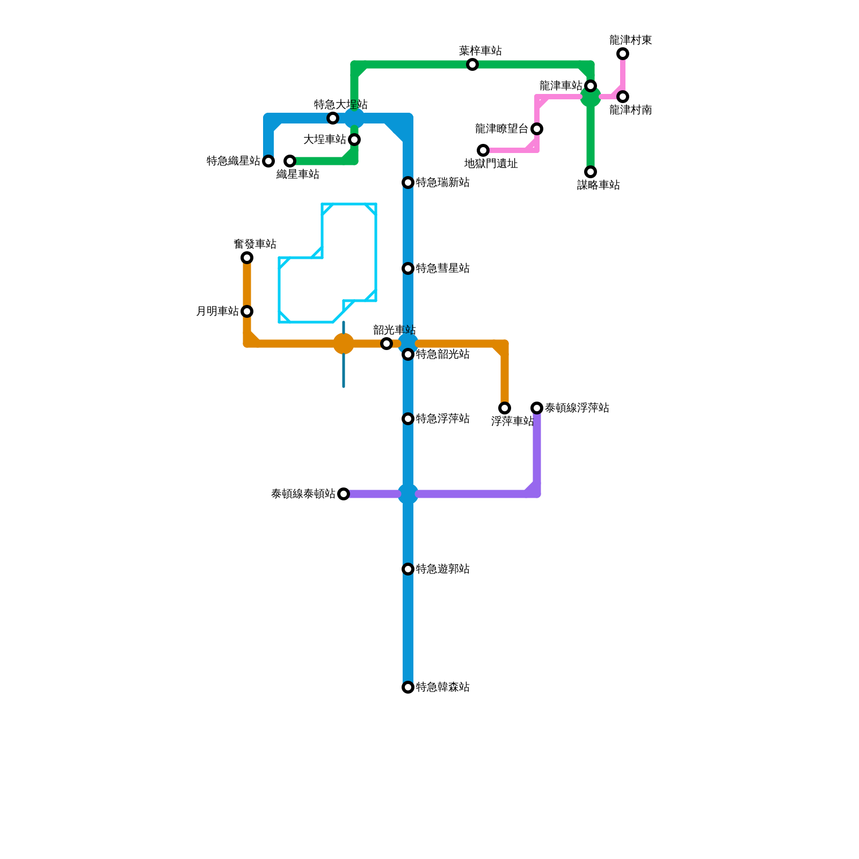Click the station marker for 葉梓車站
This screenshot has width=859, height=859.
tap(472, 64)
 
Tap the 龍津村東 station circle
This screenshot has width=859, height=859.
tap(623, 54)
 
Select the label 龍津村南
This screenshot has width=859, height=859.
tap(630, 110)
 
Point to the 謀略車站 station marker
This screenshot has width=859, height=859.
tap(591, 172)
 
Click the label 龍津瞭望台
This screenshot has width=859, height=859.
tap(501, 129)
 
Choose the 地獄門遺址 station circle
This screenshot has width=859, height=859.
tap(483, 150)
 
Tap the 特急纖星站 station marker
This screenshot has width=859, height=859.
tap(268, 161)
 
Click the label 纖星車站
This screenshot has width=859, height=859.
tap(298, 174)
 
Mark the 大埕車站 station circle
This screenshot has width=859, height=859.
tap(354, 140)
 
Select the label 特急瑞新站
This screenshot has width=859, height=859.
tap(442, 183)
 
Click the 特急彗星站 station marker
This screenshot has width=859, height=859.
tap(408, 268)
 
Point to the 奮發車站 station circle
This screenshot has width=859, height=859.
tap(247, 258)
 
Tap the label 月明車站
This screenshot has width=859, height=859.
tap(217, 311)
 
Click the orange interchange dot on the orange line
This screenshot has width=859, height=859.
tap(344, 344)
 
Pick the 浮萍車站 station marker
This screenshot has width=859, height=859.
tap(505, 408)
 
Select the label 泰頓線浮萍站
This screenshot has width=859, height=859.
tap(577, 408)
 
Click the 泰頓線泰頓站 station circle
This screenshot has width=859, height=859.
tap(344, 494)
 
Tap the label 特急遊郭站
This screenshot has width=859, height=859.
tap(442, 569)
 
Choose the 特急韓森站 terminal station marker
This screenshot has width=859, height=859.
tap(408, 687)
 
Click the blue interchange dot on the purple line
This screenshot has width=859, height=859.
tap(408, 494)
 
